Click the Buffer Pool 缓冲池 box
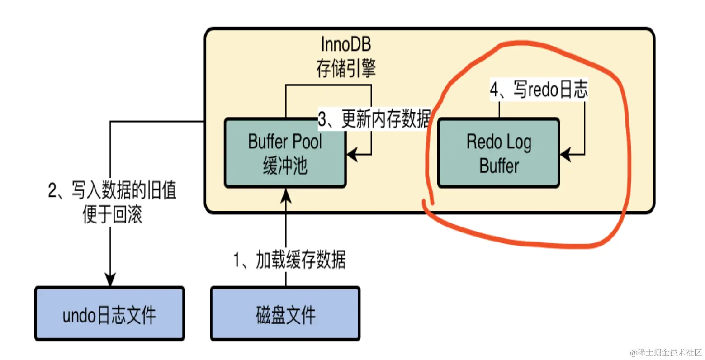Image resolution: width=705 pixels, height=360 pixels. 285,153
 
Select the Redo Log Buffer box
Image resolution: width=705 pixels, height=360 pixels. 498,153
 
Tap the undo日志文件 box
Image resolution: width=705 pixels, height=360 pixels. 109,314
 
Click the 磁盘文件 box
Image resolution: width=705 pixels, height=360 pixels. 285,314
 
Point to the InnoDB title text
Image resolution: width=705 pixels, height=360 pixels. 345,44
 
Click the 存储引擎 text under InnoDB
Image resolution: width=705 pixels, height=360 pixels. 345,69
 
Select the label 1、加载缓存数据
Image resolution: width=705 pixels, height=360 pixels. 289,260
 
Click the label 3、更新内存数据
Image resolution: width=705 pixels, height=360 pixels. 374,119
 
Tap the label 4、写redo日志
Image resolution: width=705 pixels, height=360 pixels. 539,90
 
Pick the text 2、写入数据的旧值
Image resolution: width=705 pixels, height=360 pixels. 112,190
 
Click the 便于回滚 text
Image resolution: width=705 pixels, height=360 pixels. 112,214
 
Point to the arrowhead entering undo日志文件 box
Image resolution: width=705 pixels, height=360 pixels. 110,279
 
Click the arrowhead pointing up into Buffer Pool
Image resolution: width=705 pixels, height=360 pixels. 286,195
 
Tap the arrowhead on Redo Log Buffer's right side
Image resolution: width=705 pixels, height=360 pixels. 566,155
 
